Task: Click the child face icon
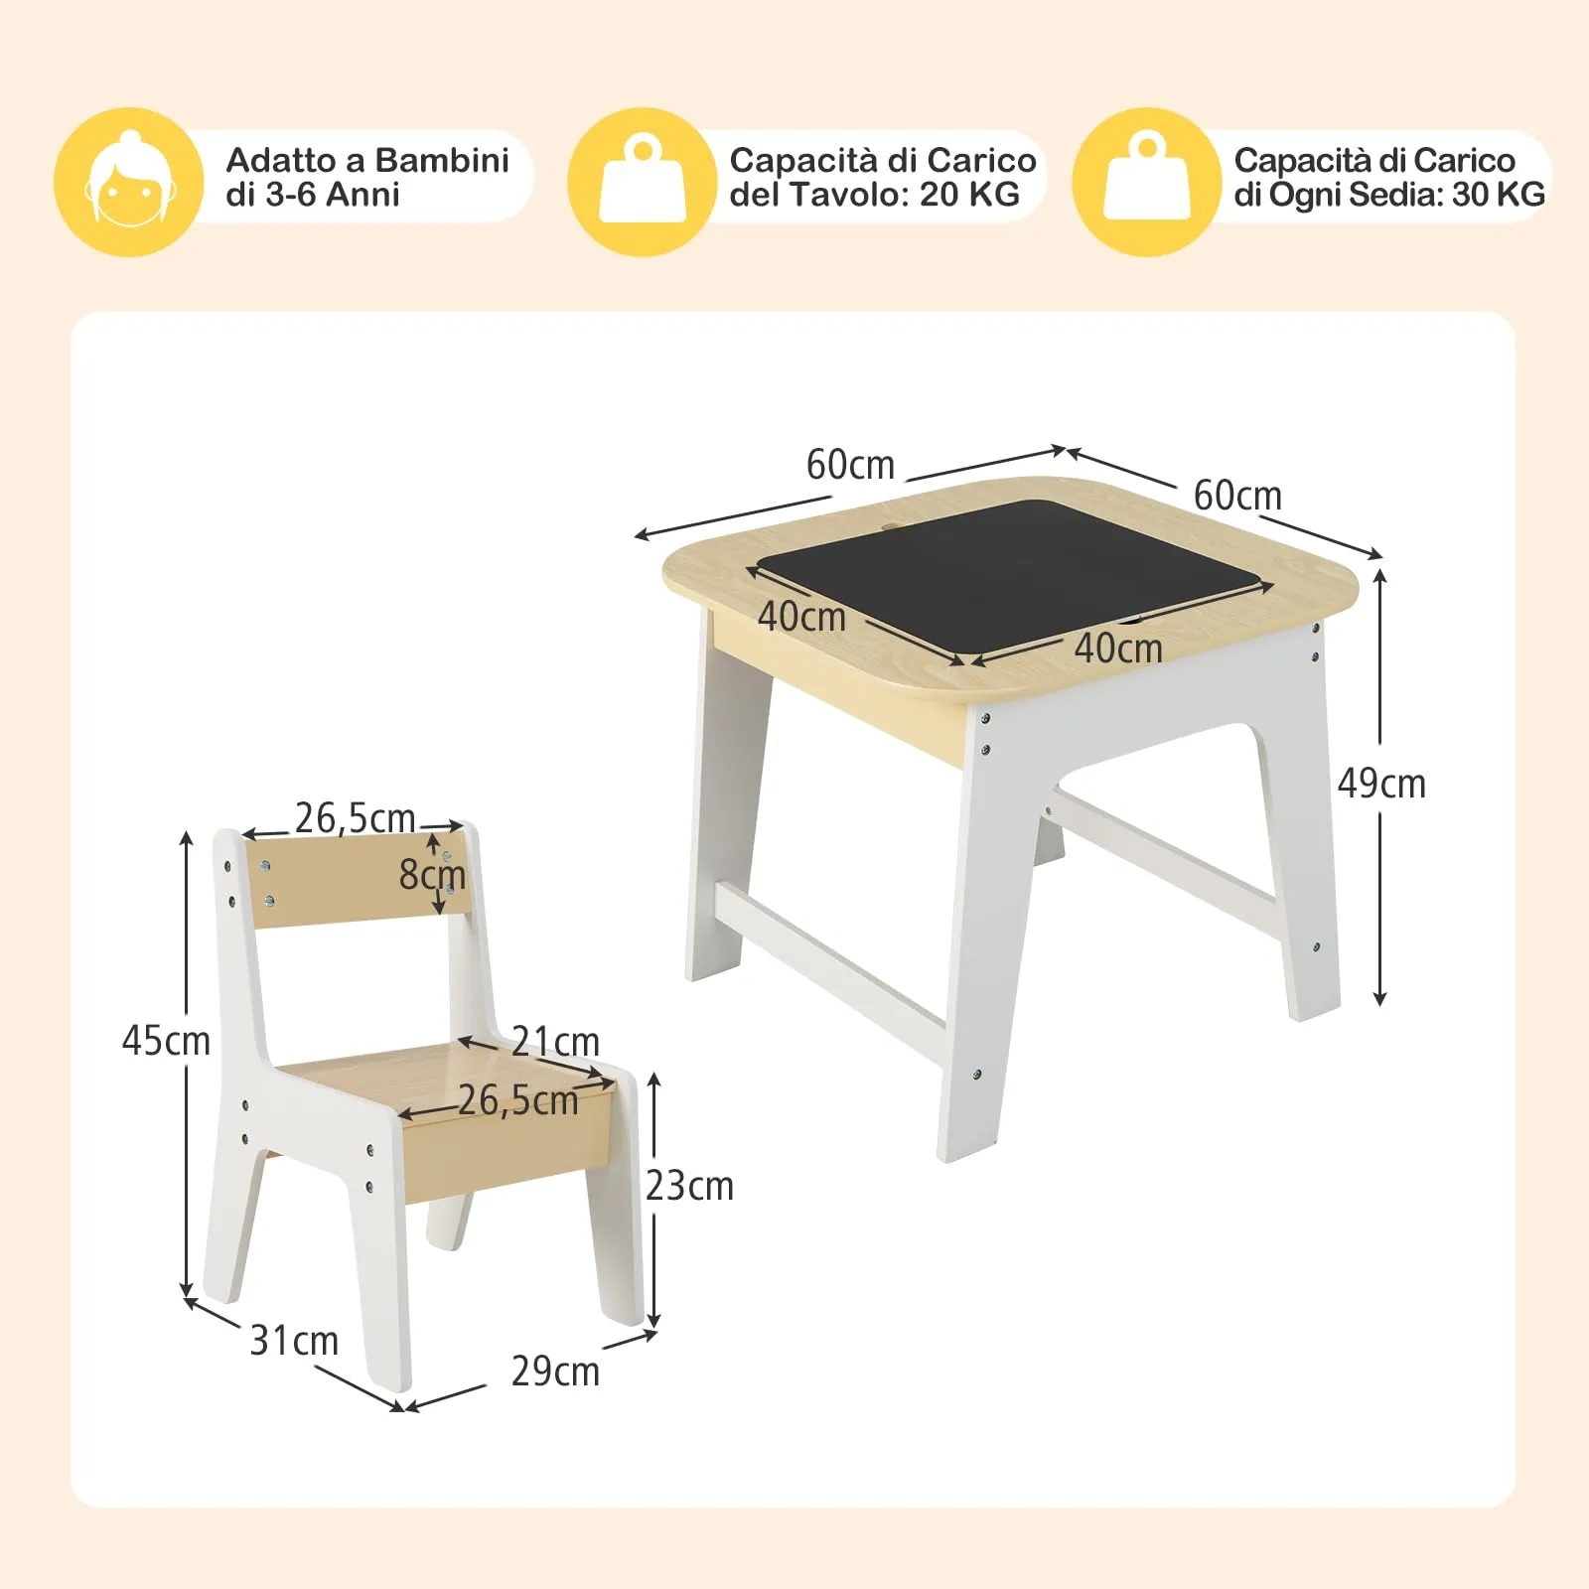[x=129, y=182]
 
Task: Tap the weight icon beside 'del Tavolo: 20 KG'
[x=643, y=182]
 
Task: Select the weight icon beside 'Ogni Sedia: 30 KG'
[x=1147, y=182]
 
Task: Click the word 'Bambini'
[x=442, y=160]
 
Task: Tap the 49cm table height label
[x=1381, y=785]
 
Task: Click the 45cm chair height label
[x=166, y=1041]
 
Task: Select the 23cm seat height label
[x=689, y=1186]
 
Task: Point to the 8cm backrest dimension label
[x=432, y=875]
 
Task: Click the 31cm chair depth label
[x=294, y=1341]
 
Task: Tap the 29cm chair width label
[x=555, y=1372]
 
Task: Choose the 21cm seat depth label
[x=555, y=1042]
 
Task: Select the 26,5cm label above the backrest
[x=355, y=818]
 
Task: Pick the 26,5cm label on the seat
[x=517, y=1100]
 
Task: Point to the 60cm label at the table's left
[x=850, y=465]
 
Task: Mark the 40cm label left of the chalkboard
[x=801, y=617]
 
